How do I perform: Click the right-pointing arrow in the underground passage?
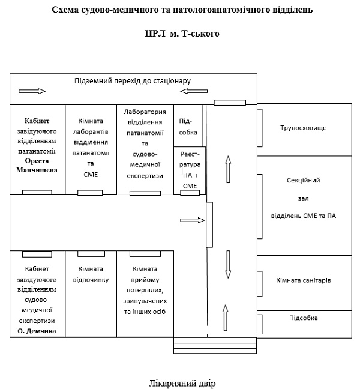pos(32,91)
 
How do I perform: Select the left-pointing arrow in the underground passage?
pos(194,91)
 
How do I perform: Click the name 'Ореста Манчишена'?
pos(36,166)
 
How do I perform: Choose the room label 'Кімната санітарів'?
pos(304,280)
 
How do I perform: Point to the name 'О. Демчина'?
pos(37,330)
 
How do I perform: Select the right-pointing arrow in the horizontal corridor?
pos(189,220)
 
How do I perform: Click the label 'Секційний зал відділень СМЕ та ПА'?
pos(304,198)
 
